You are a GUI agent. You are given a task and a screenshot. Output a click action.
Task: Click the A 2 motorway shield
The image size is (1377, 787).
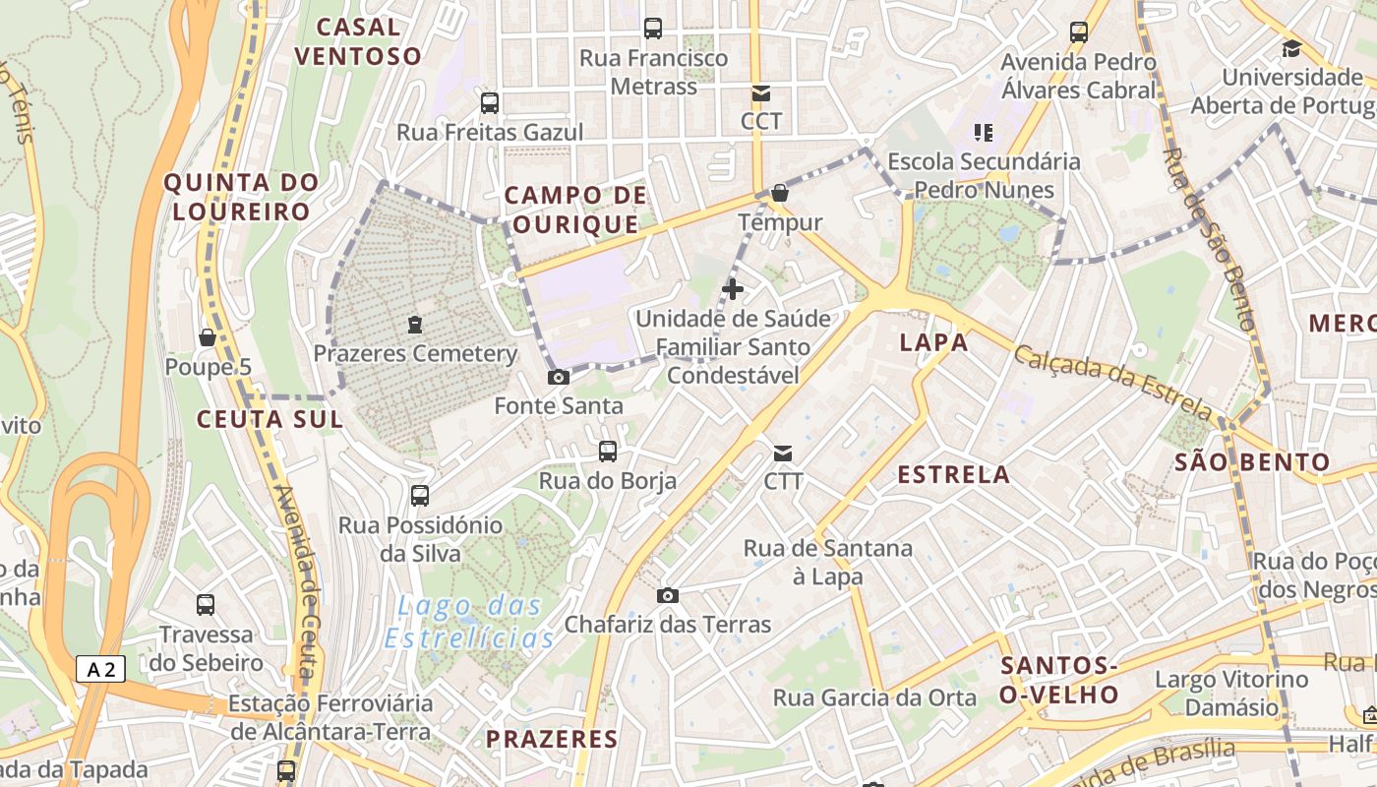click(x=100, y=670)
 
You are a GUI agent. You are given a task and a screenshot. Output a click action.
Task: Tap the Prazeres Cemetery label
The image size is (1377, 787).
click(x=415, y=353)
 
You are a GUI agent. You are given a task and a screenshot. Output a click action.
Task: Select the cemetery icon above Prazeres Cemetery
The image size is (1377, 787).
click(x=415, y=324)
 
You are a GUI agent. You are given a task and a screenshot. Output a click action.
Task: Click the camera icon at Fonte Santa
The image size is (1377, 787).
click(x=558, y=377)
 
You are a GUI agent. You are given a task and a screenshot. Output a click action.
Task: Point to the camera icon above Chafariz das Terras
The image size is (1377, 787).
click(x=668, y=595)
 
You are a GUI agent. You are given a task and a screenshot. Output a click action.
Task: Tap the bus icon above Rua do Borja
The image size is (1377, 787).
click(x=608, y=452)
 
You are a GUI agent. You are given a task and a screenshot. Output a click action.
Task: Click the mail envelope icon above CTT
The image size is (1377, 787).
click(x=783, y=453)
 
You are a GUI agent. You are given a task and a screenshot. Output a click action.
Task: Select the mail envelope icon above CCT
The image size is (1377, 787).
click(x=760, y=93)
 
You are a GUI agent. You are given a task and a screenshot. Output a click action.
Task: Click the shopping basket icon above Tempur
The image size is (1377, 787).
click(x=780, y=193)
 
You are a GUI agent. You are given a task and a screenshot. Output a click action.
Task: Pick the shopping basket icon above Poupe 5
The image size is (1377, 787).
click(x=208, y=337)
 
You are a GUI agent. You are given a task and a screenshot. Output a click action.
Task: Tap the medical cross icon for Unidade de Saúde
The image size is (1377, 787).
click(x=733, y=289)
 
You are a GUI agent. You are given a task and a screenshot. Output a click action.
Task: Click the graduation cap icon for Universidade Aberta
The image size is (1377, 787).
click(x=1291, y=47)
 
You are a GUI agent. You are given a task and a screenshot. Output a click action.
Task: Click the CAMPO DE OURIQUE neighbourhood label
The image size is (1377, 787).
click(x=575, y=210)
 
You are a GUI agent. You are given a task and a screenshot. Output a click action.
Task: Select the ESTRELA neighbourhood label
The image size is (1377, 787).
click(x=953, y=474)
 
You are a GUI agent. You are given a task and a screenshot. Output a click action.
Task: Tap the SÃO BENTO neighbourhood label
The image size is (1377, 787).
click(x=1251, y=461)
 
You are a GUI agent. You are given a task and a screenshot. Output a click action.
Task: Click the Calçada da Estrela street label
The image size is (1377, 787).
click(x=1112, y=382)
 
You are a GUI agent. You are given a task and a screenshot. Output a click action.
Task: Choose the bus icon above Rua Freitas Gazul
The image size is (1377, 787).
click(x=490, y=103)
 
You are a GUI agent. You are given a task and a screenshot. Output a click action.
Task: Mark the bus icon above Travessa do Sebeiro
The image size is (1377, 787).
click(x=206, y=605)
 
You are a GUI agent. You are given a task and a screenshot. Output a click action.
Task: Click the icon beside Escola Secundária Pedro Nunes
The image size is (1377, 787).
click(x=983, y=132)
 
